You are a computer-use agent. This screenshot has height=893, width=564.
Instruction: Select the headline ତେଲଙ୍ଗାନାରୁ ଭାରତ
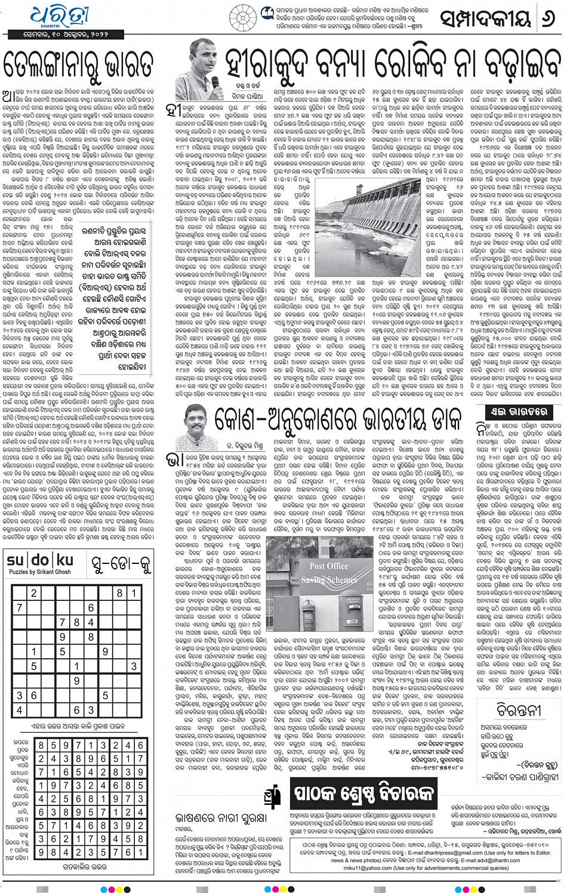tap(79, 64)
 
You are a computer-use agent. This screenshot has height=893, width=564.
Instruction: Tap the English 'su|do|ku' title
tap(40, 560)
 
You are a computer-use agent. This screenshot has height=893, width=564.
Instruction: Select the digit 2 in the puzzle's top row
tap(34, 593)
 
